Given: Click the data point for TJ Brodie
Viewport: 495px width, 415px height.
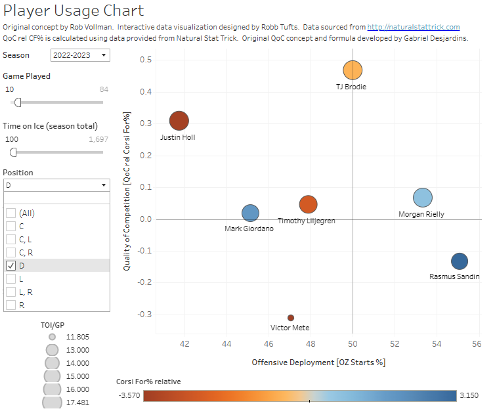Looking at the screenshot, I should pos(353,70).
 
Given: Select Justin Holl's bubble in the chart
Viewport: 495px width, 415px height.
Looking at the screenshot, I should pos(179,121).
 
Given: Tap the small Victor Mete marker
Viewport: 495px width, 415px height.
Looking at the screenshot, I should pos(291,318).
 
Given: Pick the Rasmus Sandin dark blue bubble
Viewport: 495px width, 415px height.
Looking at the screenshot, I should pos(460,261).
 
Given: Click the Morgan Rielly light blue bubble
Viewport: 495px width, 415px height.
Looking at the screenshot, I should pos(423,198).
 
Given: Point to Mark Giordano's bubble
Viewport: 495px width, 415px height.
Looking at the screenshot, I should pos(250,213).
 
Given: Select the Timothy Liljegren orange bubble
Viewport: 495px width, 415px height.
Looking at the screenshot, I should pos(309,205).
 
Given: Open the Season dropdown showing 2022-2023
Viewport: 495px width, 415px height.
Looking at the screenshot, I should pos(80,55).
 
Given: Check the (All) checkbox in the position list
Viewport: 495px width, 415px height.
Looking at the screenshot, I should pos(11,213).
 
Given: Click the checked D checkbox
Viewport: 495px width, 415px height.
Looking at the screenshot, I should pos(11,266).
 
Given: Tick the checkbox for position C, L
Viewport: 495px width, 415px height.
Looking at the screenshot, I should pos(11,240).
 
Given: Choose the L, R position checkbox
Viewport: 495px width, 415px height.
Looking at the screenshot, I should pos(11,292).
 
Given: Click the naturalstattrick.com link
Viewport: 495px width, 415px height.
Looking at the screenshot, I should pos(413,27).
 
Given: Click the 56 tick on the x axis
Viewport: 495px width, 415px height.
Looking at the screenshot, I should pos(477,343).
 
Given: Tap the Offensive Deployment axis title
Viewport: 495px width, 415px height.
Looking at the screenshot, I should pos(318,362).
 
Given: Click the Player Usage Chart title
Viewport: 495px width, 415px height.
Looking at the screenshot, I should pos(74,11).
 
